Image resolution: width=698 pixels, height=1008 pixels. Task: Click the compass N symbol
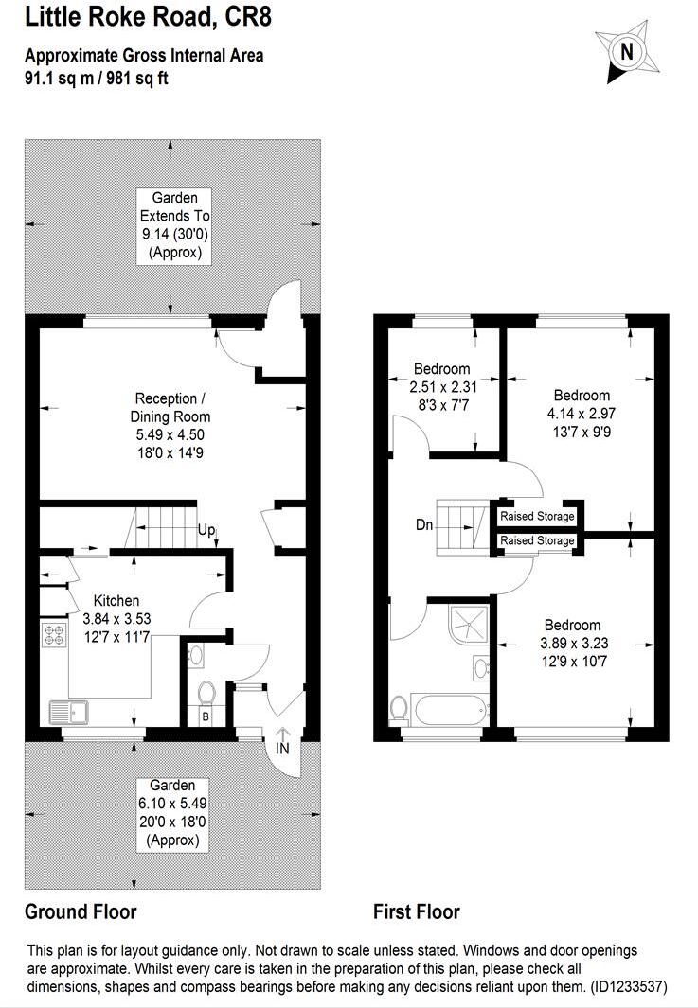click(x=625, y=51)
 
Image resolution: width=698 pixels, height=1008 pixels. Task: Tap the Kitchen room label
click(x=116, y=601)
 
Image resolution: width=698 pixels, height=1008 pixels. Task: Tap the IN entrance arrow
click(x=282, y=742)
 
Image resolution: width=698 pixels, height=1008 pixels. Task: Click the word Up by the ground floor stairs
click(x=206, y=531)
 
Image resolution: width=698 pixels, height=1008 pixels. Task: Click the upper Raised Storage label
click(x=537, y=517)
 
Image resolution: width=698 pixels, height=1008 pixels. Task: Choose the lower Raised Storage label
click(x=537, y=540)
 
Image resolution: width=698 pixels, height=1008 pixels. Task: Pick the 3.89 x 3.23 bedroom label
click(x=571, y=643)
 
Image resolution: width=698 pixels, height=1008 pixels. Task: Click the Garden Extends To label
click(x=170, y=216)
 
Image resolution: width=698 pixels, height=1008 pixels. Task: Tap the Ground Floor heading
click(x=81, y=912)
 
